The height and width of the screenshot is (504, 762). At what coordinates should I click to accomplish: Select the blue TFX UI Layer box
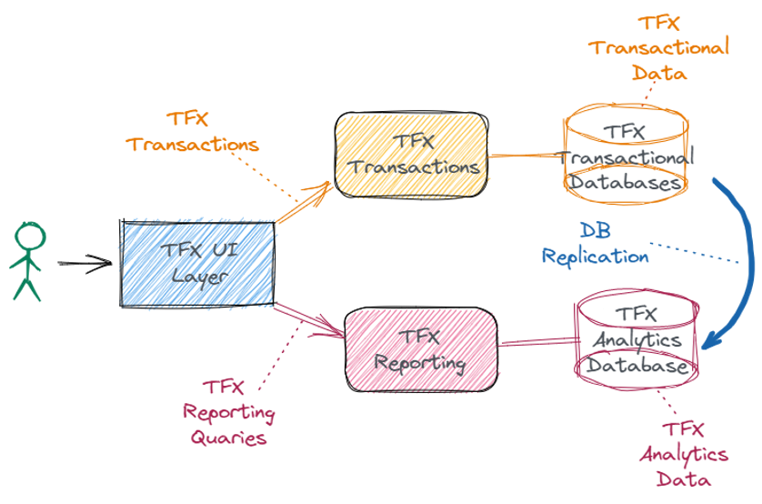(x=198, y=262)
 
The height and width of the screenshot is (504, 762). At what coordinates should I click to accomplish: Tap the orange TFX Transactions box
(x=411, y=156)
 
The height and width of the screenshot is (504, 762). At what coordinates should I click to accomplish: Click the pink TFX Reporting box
(x=421, y=350)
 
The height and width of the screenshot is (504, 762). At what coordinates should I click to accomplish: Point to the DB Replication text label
(x=596, y=244)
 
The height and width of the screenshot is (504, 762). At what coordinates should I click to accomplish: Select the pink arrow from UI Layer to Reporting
(x=309, y=318)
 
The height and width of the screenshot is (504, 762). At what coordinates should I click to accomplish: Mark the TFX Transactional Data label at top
(x=659, y=48)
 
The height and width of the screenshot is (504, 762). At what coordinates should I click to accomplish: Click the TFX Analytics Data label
(x=683, y=453)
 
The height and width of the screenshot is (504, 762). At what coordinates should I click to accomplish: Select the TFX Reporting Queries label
(x=229, y=412)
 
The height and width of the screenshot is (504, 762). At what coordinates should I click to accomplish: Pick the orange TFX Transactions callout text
(x=193, y=132)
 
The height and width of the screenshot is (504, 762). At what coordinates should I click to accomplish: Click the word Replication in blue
(x=596, y=257)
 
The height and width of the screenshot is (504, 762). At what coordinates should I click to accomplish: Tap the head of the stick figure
(x=29, y=237)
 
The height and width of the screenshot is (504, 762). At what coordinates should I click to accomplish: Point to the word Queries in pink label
(x=229, y=438)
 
